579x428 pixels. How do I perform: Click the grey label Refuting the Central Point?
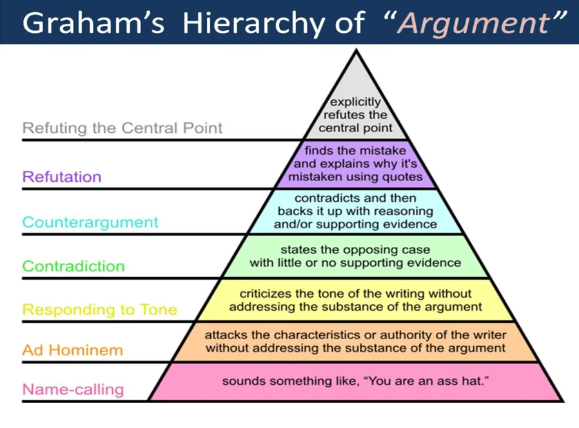pos(123,128)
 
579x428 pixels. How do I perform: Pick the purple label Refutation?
pos(62,177)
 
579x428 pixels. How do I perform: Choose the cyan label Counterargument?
pos(90,222)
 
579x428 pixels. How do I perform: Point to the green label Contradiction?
pos(74,266)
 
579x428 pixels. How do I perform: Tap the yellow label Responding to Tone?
pos(100,309)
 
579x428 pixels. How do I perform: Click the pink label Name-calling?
pos(73,389)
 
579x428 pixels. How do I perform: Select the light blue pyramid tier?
pos(356,211)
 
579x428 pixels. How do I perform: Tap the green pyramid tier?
pos(356,256)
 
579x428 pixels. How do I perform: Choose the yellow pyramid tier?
pos(356,300)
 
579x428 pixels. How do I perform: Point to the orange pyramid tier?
pos(356,342)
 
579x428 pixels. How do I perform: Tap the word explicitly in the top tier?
pos(355,102)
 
